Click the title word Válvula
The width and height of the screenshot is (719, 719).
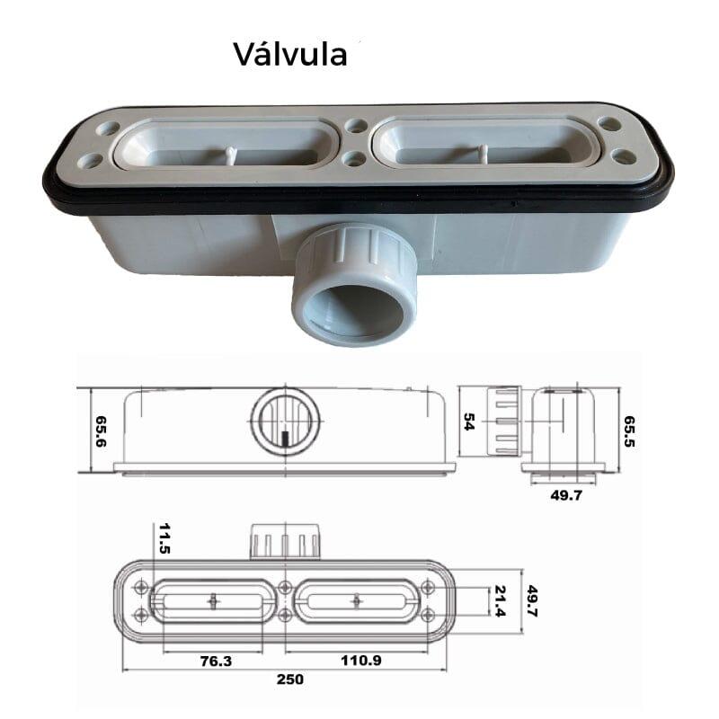[x=290, y=55]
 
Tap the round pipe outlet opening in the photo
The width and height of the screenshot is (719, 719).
[x=353, y=311]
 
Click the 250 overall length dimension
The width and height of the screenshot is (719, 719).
[x=289, y=679]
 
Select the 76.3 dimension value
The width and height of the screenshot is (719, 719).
[x=216, y=661]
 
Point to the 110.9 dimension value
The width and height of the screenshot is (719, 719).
[x=361, y=661]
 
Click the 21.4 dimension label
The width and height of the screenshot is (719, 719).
[x=500, y=601]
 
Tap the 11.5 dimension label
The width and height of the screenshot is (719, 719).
[x=164, y=537]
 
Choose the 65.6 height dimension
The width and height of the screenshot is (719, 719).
[x=101, y=431]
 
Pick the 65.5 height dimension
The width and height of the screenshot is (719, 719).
[x=629, y=431]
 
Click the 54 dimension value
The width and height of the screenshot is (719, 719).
[x=469, y=422]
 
